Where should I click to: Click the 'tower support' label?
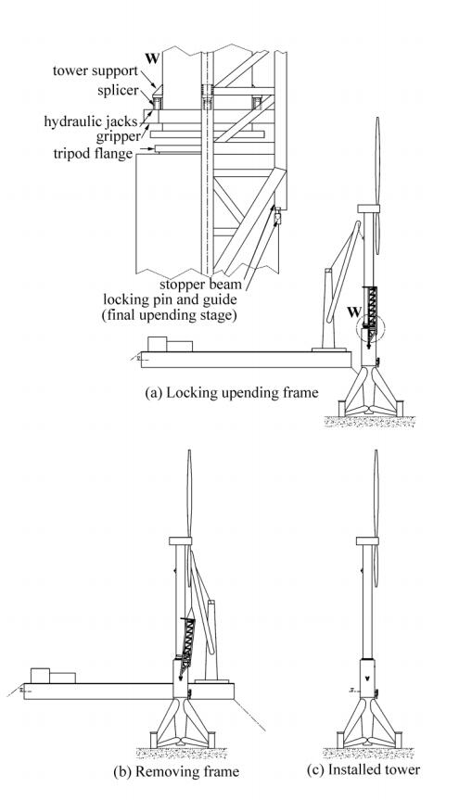[x=96, y=70]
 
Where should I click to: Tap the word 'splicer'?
[x=118, y=91]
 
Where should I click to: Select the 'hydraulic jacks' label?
[x=91, y=122]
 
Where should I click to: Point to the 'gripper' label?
[x=118, y=137]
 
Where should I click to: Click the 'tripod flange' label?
[x=93, y=153]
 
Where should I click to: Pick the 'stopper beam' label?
[x=200, y=285]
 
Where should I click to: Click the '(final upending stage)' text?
[x=169, y=315]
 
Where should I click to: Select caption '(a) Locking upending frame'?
[x=232, y=392]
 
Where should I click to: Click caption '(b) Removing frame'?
[x=176, y=771]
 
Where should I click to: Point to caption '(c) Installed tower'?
[x=363, y=769]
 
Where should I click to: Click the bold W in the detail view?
[x=152, y=57]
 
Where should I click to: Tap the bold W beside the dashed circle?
[x=353, y=311]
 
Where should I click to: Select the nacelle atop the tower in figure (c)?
[x=367, y=540]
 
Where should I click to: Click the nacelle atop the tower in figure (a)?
[x=369, y=209]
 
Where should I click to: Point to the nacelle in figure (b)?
[x=180, y=540]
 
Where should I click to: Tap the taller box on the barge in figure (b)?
[x=40, y=676]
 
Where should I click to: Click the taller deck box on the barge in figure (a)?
[x=157, y=344]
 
